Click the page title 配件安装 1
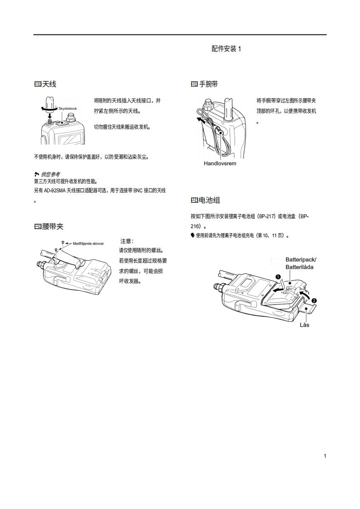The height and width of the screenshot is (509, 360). tap(226, 49)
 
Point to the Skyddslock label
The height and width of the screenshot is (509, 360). tap(68, 109)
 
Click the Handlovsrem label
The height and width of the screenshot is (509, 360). tap(220, 164)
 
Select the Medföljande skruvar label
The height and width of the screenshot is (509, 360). tap(88, 244)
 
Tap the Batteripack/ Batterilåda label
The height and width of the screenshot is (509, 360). tap(301, 263)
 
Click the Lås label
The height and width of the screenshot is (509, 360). tap(305, 325)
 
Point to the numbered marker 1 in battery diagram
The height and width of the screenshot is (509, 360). tap(278, 277)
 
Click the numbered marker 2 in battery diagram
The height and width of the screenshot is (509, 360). tap(314, 301)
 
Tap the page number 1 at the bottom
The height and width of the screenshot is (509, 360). tap(325, 456)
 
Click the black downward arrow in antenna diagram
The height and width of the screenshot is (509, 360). tap(49, 115)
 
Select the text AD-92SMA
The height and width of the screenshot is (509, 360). tap(55, 191)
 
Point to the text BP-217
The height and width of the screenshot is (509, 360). tap(267, 216)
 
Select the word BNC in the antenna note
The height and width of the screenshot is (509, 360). tap(138, 191)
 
